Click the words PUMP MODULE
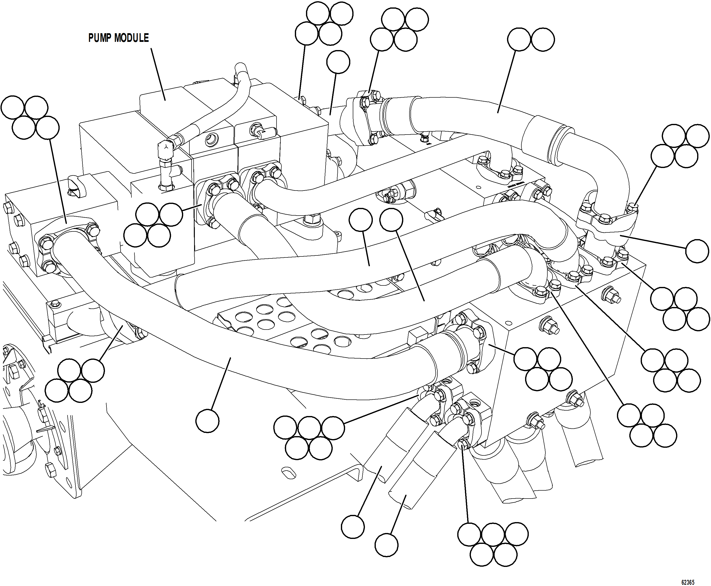click(118, 38)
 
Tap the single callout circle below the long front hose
click(207, 420)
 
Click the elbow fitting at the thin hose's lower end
click(166, 148)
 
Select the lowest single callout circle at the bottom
click(386, 545)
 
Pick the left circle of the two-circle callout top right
click(519, 39)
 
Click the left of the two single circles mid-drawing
click(360, 220)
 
